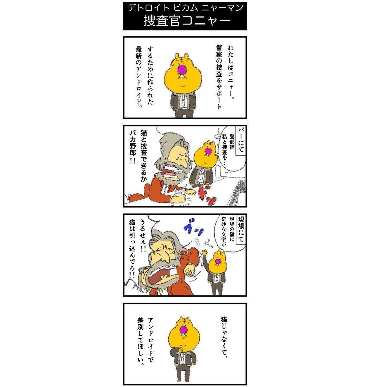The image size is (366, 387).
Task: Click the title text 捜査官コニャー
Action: [187, 21]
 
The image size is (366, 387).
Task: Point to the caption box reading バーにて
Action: [241, 140]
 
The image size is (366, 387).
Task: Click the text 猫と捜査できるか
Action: [144, 156]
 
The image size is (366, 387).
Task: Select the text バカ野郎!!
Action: [133, 147]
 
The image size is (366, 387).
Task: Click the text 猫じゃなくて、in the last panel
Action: [224, 337]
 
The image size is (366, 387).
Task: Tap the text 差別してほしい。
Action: [140, 342]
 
